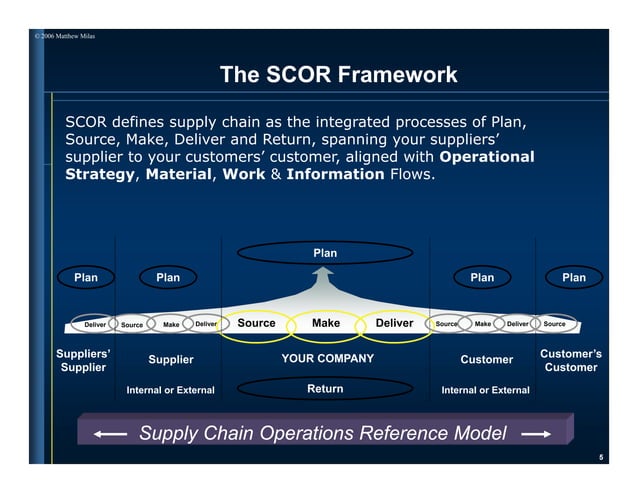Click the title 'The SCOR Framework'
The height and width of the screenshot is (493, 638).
point(338,75)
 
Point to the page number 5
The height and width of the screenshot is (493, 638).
point(601,457)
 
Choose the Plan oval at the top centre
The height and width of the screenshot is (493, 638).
point(325,253)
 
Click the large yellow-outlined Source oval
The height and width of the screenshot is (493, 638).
point(256,323)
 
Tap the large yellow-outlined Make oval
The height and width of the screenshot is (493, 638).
point(325,323)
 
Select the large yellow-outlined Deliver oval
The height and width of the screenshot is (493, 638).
point(394,323)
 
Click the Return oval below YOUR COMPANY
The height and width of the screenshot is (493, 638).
point(325,389)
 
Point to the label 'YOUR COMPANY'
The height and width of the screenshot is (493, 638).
point(327,359)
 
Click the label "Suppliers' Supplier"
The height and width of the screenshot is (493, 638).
point(83,361)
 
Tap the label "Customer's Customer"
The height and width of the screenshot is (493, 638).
point(571,361)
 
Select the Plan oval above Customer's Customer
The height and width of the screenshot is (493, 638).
point(573,277)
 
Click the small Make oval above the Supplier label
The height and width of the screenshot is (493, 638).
point(171,324)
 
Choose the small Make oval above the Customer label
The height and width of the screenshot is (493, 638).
point(482,324)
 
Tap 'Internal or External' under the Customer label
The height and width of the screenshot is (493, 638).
point(485,390)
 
